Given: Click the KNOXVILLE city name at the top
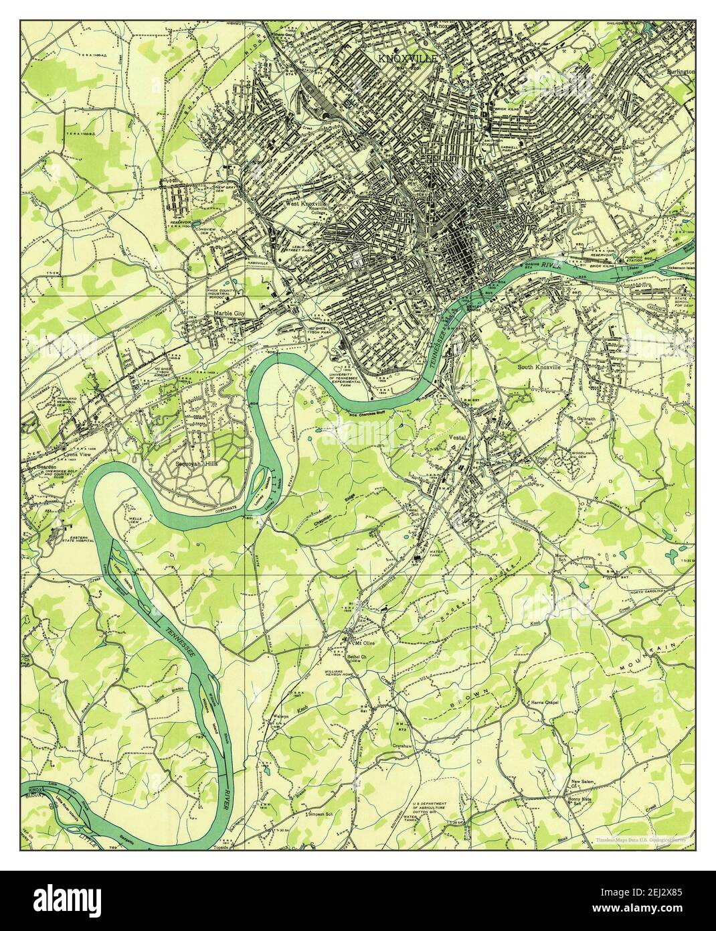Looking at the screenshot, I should point(408,59).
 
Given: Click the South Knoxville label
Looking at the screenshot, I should point(547,368).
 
